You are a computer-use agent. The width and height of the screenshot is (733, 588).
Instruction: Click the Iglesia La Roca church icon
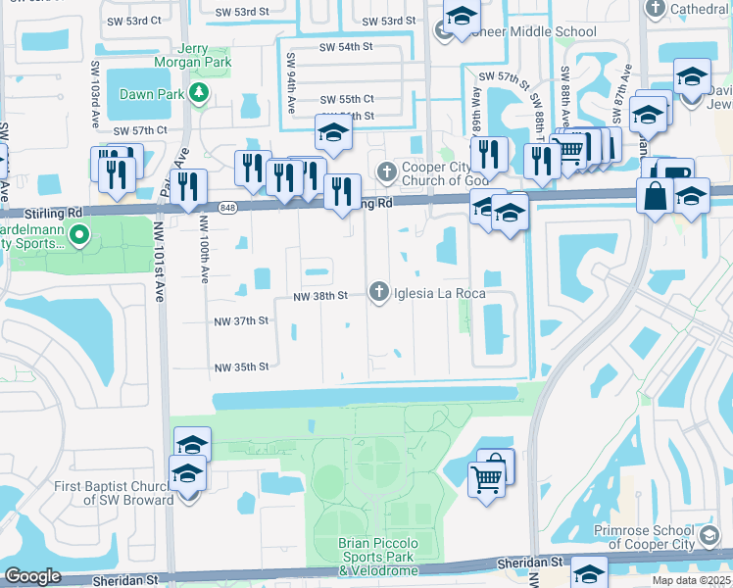coord(379,291)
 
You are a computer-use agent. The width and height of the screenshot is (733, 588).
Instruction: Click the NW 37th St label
coord(241,320)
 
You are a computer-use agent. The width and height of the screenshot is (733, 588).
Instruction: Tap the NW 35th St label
coord(241,367)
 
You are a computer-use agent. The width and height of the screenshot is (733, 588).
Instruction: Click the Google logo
coord(32,576)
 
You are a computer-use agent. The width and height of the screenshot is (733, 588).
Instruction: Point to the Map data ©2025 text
coord(692,580)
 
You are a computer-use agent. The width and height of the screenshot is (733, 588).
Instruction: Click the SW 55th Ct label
coord(347,99)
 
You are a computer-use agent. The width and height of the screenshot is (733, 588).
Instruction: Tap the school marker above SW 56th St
coord(333,134)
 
